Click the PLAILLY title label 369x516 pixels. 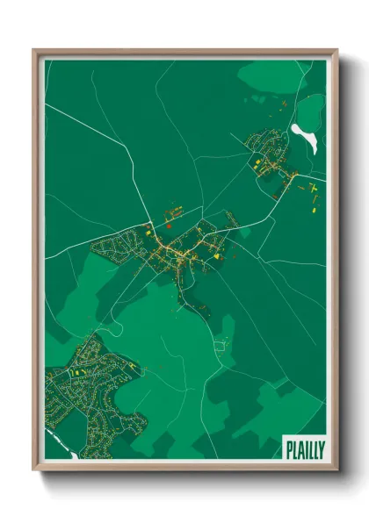pos(303,449)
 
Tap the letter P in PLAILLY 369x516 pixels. pos(288,449)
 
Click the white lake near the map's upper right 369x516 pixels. pos(304,138)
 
